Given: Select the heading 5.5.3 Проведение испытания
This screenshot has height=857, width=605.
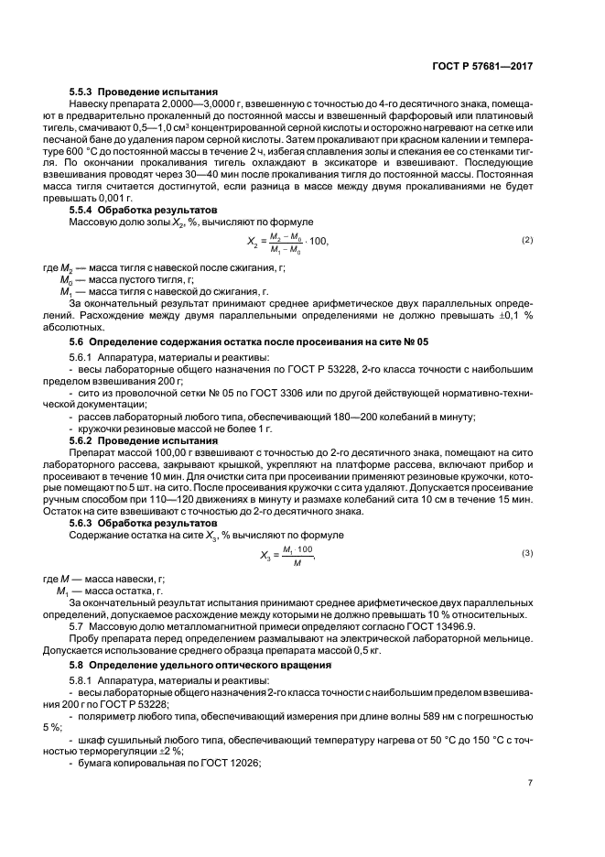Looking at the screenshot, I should [x=143, y=92].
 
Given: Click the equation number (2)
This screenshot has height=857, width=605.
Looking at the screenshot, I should [x=527, y=240].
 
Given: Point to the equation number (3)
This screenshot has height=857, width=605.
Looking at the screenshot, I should [x=527, y=554].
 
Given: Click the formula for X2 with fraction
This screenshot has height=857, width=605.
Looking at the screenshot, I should [x=287, y=242].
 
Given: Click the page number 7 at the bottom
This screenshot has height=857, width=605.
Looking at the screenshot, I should [x=530, y=783].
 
